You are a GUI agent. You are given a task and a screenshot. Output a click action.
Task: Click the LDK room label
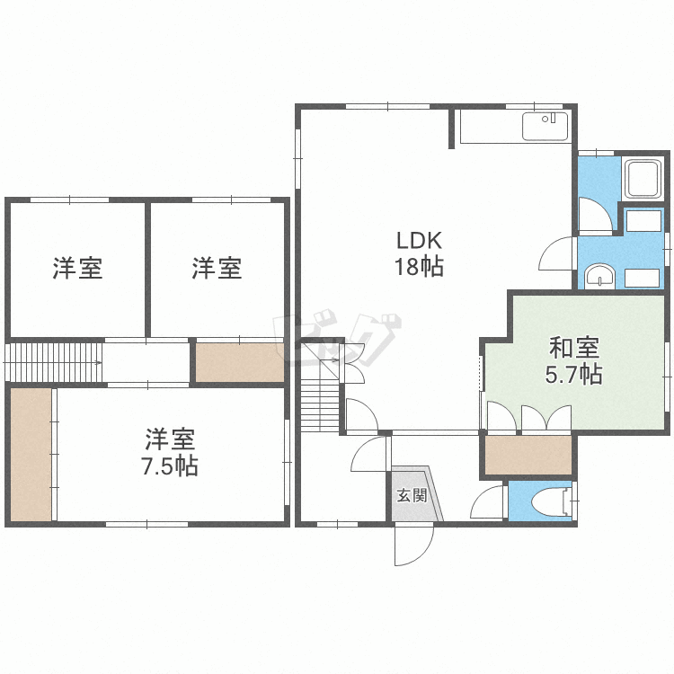click(x=419, y=241)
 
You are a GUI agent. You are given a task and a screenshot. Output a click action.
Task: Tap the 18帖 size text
click(x=419, y=267)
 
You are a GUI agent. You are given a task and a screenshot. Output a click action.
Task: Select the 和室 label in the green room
click(x=574, y=348)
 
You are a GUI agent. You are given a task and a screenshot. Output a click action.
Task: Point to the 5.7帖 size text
click(x=574, y=374)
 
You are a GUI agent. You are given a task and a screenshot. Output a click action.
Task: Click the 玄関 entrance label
click(x=412, y=495)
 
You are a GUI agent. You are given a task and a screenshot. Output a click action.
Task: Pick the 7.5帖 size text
click(x=170, y=466)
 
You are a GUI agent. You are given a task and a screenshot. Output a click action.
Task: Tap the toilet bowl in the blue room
click(x=550, y=501)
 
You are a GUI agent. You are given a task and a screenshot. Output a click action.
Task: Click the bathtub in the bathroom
click(x=643, y=179)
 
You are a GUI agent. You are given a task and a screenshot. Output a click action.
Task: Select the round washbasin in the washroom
click(x=599, y=275)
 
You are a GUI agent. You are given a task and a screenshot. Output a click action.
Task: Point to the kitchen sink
click(x=545, y=127)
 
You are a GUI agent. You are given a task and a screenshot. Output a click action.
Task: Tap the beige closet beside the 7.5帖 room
click(x=31, y=455)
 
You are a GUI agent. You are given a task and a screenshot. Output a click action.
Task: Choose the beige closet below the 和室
click(x=528, y=456)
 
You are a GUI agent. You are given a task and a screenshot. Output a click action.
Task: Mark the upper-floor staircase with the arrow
click(x=53, y=362)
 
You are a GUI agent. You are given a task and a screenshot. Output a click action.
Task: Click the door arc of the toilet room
click(x=486, y=503)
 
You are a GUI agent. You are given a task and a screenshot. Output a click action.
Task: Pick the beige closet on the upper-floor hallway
click(x=240, y=362)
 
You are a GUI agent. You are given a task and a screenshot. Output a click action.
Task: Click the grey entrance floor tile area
click(x=416, y=494)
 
